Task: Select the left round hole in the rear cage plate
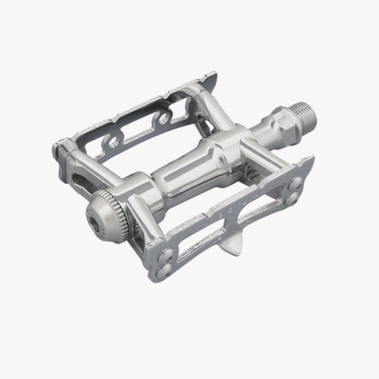[113, 143]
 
